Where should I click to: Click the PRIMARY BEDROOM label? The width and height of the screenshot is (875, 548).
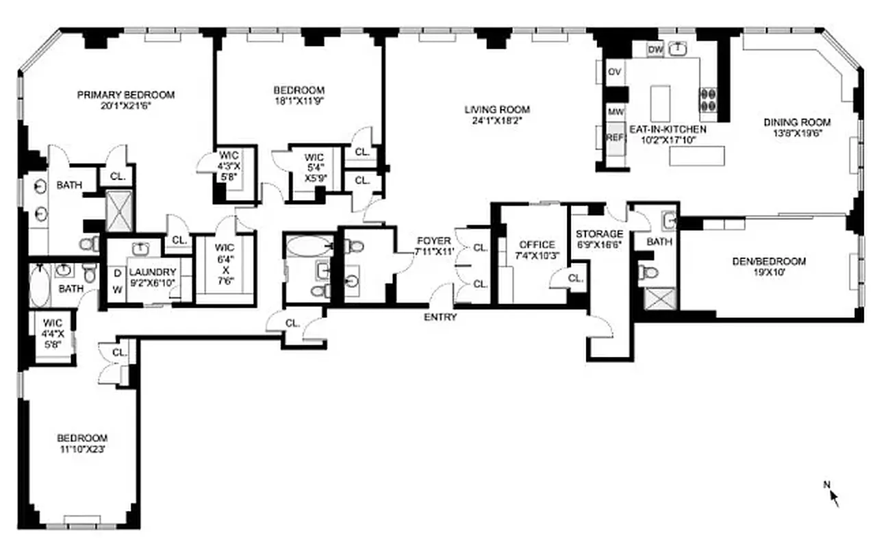125,95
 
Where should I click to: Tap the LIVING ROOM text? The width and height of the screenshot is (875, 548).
497,110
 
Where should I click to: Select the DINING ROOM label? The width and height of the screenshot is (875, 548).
797,123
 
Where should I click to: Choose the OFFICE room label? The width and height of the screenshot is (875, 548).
537,245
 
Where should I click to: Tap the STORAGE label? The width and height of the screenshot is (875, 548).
600,234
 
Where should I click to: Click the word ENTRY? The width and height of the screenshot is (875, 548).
440,317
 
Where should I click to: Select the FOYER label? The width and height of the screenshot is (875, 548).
433,241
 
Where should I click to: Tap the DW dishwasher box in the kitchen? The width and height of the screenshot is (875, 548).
655,49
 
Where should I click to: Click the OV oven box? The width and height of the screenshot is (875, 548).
615,72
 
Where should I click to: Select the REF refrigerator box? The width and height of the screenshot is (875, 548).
615,138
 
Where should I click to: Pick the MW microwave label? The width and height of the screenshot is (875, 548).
615,112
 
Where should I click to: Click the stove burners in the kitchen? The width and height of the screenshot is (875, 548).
707,101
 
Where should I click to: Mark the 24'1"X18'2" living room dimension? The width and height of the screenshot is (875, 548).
497,121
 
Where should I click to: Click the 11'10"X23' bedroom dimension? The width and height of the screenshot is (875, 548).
82,450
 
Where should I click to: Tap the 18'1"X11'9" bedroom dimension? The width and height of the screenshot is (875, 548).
299,102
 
